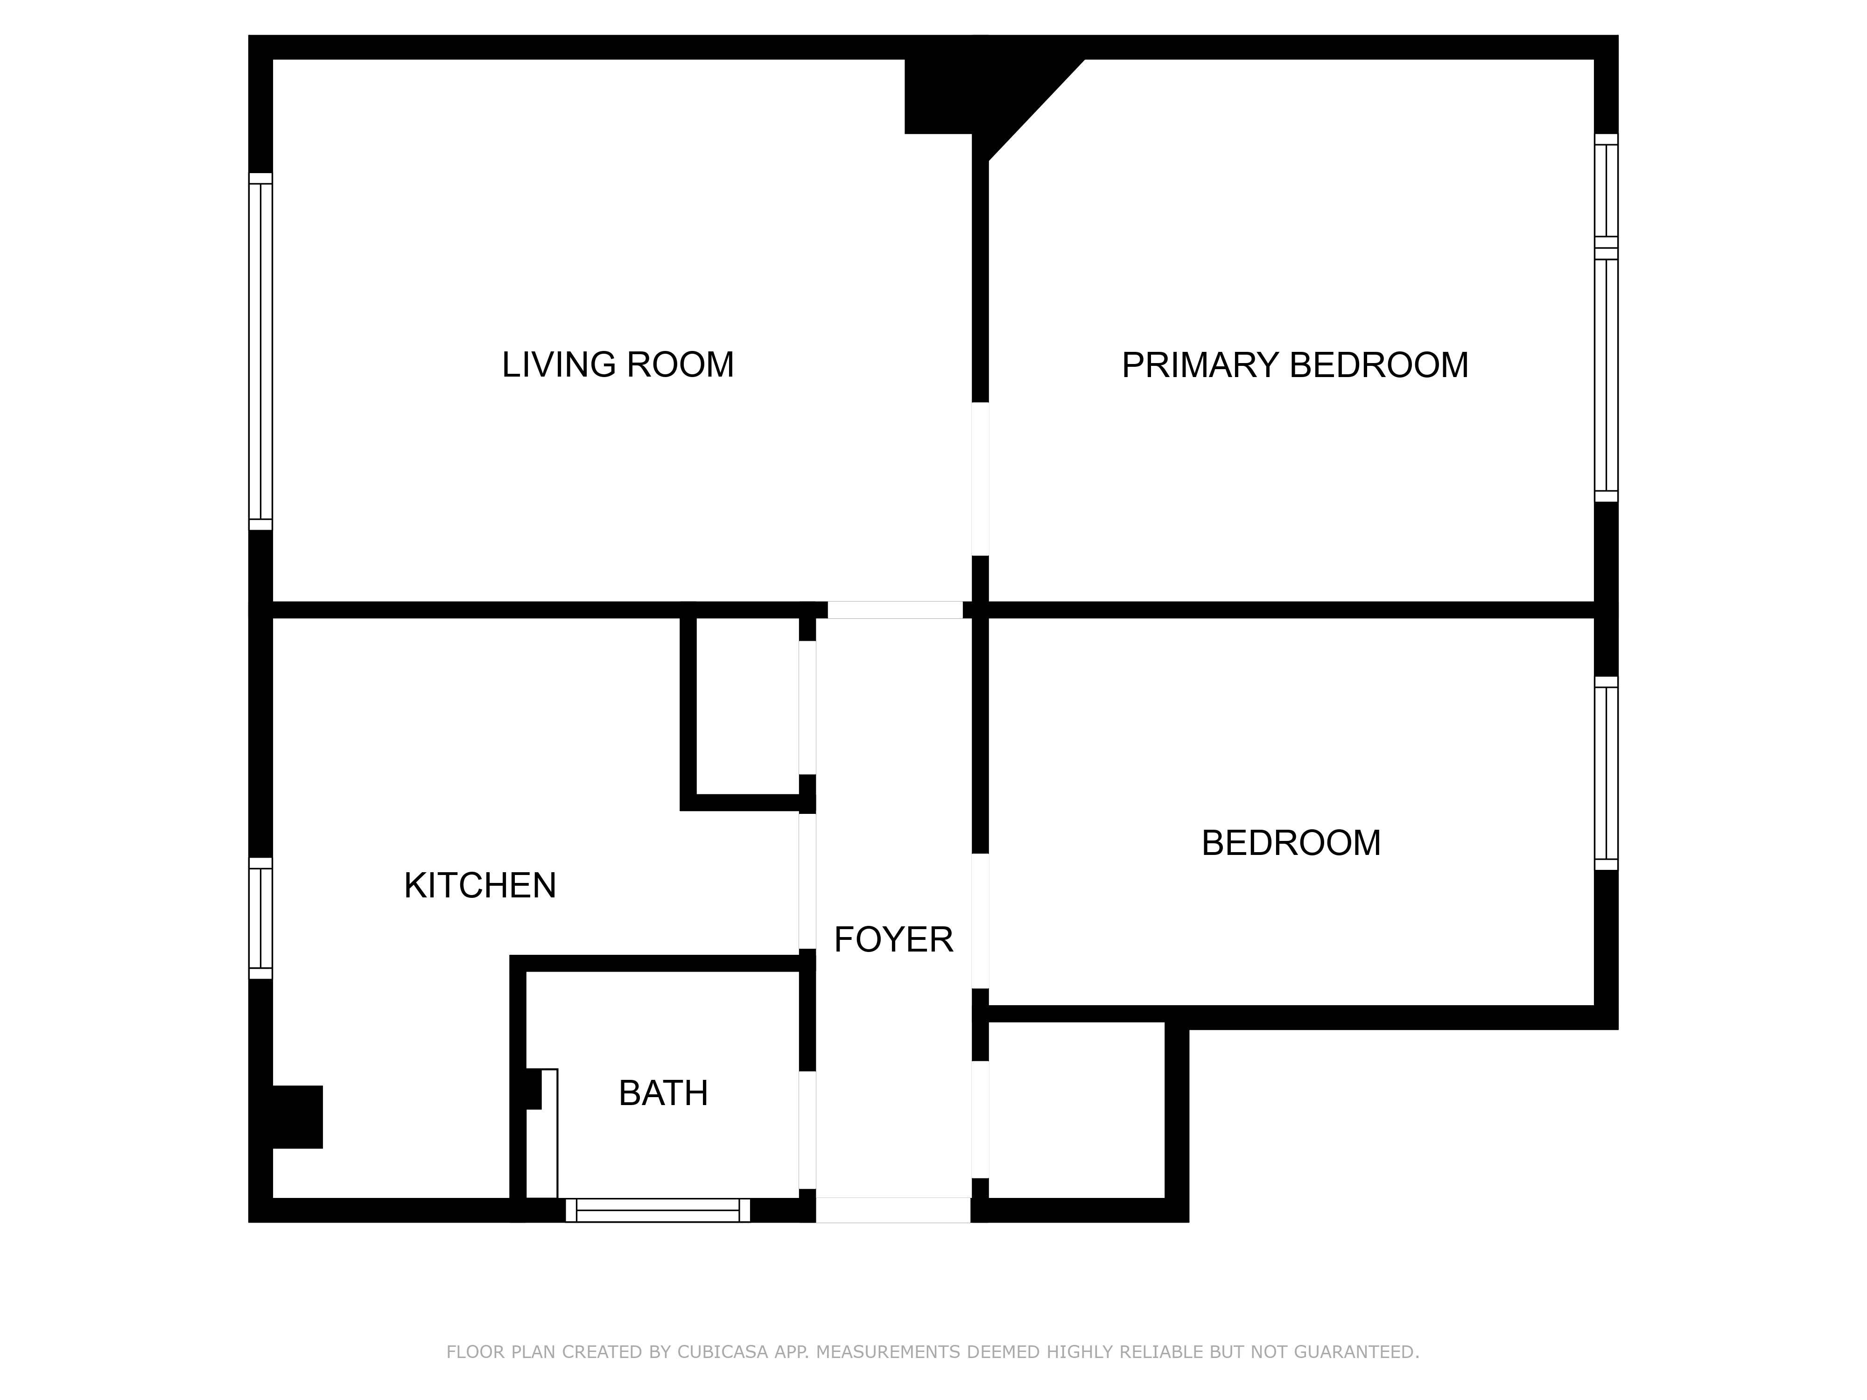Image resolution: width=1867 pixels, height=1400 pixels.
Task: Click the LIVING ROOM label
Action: (x=618, y=364)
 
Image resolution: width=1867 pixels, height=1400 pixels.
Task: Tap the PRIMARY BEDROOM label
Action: (x=1295, y=364)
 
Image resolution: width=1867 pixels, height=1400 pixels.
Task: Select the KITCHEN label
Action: (x=480, y=885)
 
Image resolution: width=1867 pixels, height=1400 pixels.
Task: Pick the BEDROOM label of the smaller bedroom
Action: (x=1291, y=843)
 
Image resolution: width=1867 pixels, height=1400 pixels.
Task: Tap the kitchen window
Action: (x=261, y=918)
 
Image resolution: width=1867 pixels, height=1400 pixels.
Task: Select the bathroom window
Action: (x=658, y=1210)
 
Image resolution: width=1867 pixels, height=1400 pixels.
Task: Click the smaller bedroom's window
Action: (x=1606, y=773)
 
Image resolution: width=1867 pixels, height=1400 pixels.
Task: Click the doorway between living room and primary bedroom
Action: (x=980, y=479)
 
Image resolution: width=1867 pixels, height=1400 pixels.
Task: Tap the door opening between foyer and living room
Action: (x=895, y=610)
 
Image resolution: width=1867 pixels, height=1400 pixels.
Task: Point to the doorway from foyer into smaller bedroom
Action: (x=980, y=921)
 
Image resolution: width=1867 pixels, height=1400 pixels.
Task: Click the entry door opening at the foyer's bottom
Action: (x=893, y=1210)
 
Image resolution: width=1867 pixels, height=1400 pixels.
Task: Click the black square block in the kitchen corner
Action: (x=297, y=1116)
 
